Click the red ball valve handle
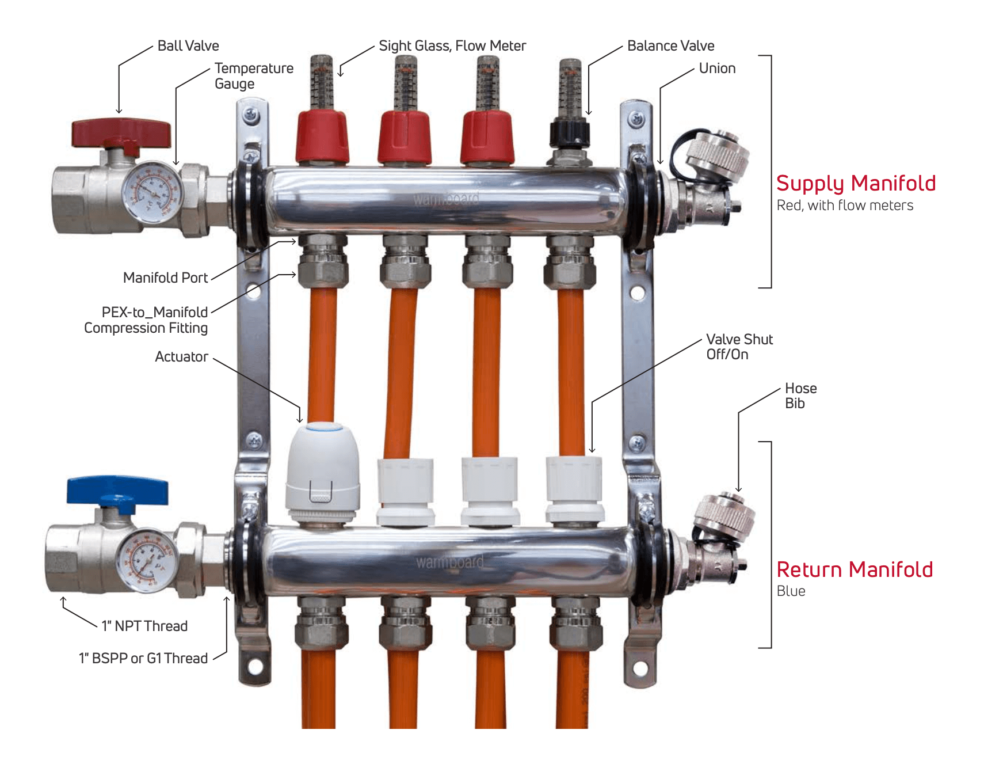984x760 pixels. click(x=121, y=134)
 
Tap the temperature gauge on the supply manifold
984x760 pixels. click(x=152, y=193)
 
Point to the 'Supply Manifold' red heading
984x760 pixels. click(x=856, y=184)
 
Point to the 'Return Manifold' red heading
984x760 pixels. click(x=855, y=569)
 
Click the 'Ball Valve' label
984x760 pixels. click(x=188, y=46)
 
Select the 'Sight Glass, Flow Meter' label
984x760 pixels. click(x=452, y=46)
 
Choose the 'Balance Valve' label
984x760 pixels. click(x=670, y=46)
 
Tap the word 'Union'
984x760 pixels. click(x=717, y=69)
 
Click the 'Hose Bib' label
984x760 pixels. click(x=800, y=396)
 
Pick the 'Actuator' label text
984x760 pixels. click(x=181, y=357)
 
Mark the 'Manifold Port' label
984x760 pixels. click(x=165, y=278)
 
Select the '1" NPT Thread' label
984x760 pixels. click(x=144, y=626)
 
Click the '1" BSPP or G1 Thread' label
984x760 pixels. click(x=143, y=659)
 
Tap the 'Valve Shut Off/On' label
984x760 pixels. click(x=739, y=347)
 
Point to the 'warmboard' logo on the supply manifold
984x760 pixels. click(x=446, y=199)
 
